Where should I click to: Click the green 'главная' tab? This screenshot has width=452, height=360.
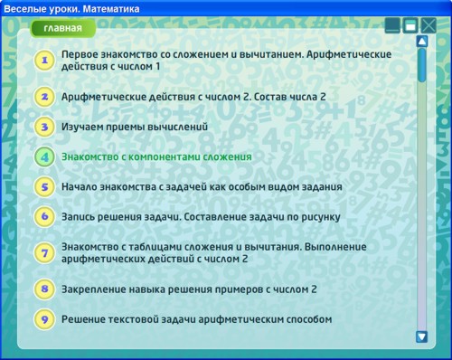(63, 28)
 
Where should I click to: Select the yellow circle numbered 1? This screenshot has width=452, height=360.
(43, 61)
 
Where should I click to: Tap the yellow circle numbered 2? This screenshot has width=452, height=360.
(43, 97)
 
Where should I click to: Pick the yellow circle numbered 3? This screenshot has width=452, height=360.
(43, 127)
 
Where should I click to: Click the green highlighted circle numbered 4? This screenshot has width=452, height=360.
(43, 156)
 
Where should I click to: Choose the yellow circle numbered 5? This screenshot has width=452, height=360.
(43, 187)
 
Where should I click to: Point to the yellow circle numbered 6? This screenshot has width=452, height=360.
(43, 217)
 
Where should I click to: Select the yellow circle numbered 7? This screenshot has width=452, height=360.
(43, 252)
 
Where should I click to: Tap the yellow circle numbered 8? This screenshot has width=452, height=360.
(43, 289)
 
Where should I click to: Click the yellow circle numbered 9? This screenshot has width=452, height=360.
(43, 319)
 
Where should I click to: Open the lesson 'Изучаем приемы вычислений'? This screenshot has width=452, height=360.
(135, 127)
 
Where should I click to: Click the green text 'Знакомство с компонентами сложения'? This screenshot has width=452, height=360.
(156, 156)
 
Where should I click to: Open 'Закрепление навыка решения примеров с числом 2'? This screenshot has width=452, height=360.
(189, 289)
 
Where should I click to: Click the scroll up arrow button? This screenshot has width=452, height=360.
(421, 41)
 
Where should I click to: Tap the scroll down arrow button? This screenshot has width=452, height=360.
(421, 336)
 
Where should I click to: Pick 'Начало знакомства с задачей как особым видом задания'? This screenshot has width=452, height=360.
(202, 187)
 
